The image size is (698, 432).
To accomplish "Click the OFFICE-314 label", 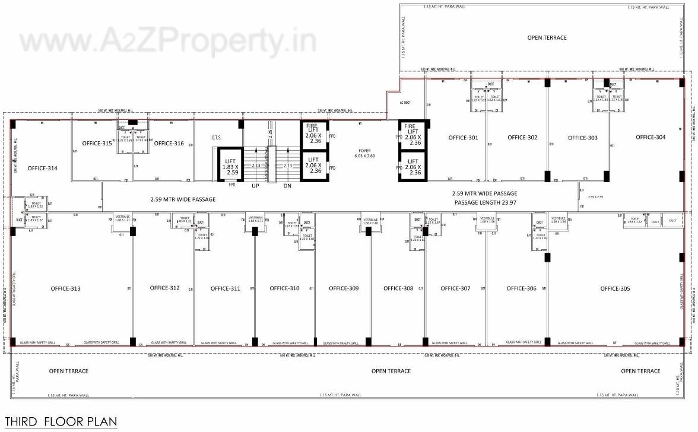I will pyautogui.click(x=42, y=168).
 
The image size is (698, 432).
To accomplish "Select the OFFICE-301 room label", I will pyautogui.click(x=463, y=138).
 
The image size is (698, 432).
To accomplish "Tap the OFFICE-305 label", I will pyautogui.click(x=615, y=289).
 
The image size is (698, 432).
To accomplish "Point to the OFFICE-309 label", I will pyautogui.click(x=344, y=288).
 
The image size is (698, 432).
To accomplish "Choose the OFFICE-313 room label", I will pyautogui.click(x=65, y=289).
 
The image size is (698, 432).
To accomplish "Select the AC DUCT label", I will pyautogui.click(x=405, y=103).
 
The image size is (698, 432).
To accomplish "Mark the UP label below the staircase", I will pyautogui.click(x=255, y=186).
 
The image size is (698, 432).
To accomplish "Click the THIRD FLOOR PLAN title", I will pyautogui.click(x=61, y=422).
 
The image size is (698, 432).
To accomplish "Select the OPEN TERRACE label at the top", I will pyautogui.click(x=547, y=37).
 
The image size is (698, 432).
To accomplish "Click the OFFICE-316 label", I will pyautogui.click(x=169, y=143).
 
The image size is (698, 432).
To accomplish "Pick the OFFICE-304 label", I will pyautogui.click(x=651, y=137).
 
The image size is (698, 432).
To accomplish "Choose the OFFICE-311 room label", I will pyautogui.click(x=226, y=289).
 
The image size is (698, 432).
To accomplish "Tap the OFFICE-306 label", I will pyautogui.click(x=521, y=288).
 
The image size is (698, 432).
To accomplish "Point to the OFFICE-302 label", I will pyautogui.click(x=522, y=138).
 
